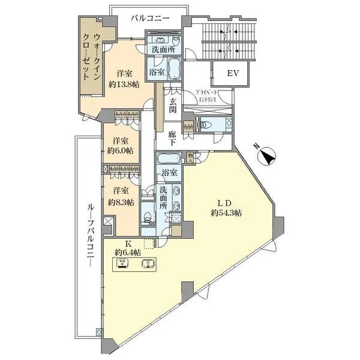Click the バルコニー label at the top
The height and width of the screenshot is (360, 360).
pyautogui.click(x=150, y=19)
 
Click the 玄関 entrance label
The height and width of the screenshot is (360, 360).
pyautogui.click(x=173, y=106)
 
